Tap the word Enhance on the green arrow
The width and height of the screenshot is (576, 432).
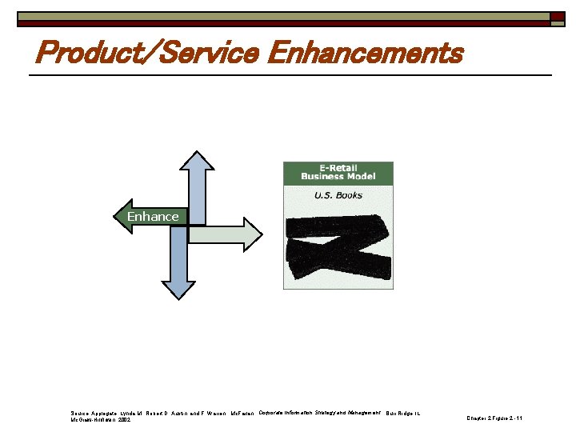[153, 217]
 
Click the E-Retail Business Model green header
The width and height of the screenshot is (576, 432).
[338, 172]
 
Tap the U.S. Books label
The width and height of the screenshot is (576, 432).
[338, 195]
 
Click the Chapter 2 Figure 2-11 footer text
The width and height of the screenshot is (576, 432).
[494, 418]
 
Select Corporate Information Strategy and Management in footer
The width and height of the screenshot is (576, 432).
[319, 413]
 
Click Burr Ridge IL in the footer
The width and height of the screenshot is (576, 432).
[402, 414]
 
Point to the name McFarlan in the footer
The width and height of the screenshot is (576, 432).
[242, 414]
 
